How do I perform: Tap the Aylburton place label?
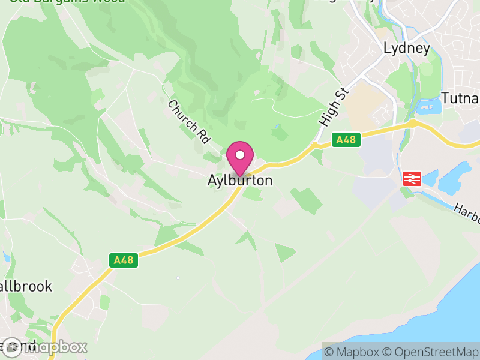pyautogui.click(x=240, y=181)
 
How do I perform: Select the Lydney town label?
pyautogui.click(x=407, y=49)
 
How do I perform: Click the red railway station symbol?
pyautogui.click(x=412, y=178)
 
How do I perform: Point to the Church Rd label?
pyautogui.click(x=189, y=122)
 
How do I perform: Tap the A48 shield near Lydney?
pyautogui.click(x=346, y=140)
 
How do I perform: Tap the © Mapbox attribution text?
pyautogui.click(x=351, y=352)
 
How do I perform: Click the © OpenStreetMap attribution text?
pyautogui.click(x=430, y=352)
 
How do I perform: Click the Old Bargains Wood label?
pyautogui.click(x=66, y=2)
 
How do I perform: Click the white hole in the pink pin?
pyautogui.click(x=240, y=155)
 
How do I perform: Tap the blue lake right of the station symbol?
pyautogui.click(x=450, y=182)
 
